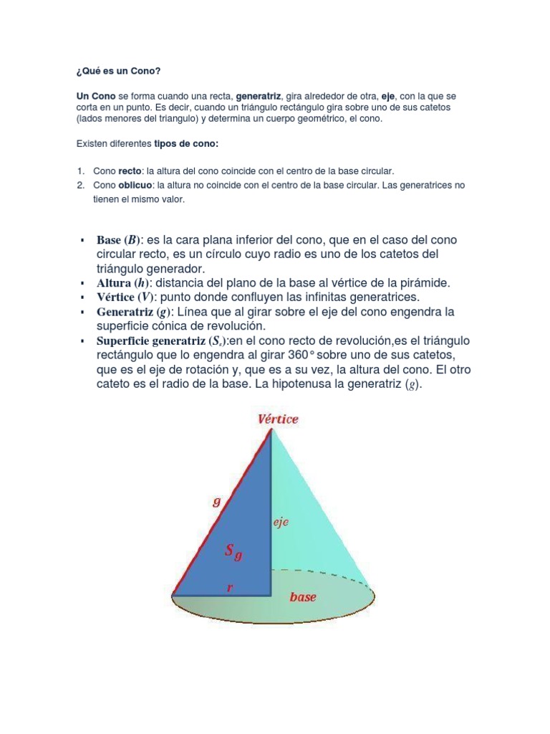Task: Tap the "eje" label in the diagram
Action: [x=280, y=523]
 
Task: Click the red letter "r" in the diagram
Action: [x=230, y=587]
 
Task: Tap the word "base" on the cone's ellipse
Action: [x=303, y=596]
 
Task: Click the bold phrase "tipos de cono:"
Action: [x=186, y=143]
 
